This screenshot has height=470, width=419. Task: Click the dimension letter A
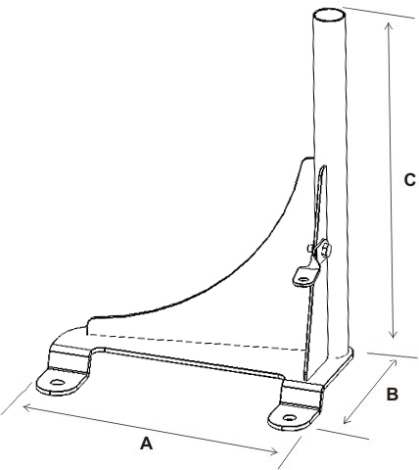147,444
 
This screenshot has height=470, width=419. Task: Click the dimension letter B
392,394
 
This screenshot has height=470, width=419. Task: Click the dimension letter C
410,180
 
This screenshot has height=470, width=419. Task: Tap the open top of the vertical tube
330,16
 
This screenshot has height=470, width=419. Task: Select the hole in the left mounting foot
57,382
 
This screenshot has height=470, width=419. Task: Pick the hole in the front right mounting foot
289,417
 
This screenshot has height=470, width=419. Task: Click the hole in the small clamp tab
303,279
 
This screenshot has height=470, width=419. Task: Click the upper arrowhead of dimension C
389,26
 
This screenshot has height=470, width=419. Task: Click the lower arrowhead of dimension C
394,334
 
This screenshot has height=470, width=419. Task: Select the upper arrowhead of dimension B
393,363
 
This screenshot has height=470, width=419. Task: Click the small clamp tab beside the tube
306,276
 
